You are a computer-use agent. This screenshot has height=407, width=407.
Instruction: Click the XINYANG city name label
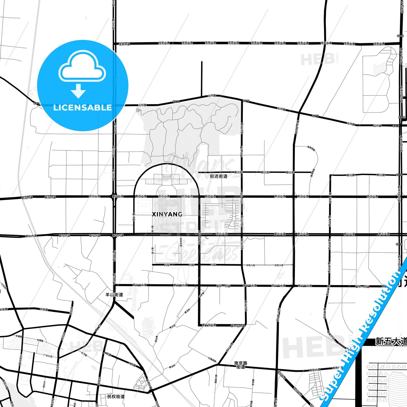click(x=167, y=214)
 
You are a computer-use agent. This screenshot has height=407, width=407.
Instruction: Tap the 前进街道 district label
click(x=219, y=176)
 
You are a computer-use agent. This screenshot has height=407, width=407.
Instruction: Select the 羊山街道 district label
click(x=114, y=295)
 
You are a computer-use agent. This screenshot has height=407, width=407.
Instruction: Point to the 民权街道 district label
click(x=116, y=396)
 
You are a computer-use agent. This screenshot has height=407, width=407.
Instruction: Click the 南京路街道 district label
click(x=241, y=365)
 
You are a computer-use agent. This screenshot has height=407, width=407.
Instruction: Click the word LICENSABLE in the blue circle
click(x=83, y=108)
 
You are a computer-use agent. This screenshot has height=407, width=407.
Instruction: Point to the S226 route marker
click(x=400, y=36)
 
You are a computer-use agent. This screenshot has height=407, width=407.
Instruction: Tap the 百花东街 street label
click(x=181, y=243)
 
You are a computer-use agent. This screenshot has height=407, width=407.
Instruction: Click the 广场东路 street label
click(x=48, y=356)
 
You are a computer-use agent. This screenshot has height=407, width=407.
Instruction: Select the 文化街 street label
click(x=44, y=384)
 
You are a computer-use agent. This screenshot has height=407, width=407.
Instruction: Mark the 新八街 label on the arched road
click(x=134, y=217)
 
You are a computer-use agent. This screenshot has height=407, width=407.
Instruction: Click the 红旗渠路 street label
click(x=212, y=360)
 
